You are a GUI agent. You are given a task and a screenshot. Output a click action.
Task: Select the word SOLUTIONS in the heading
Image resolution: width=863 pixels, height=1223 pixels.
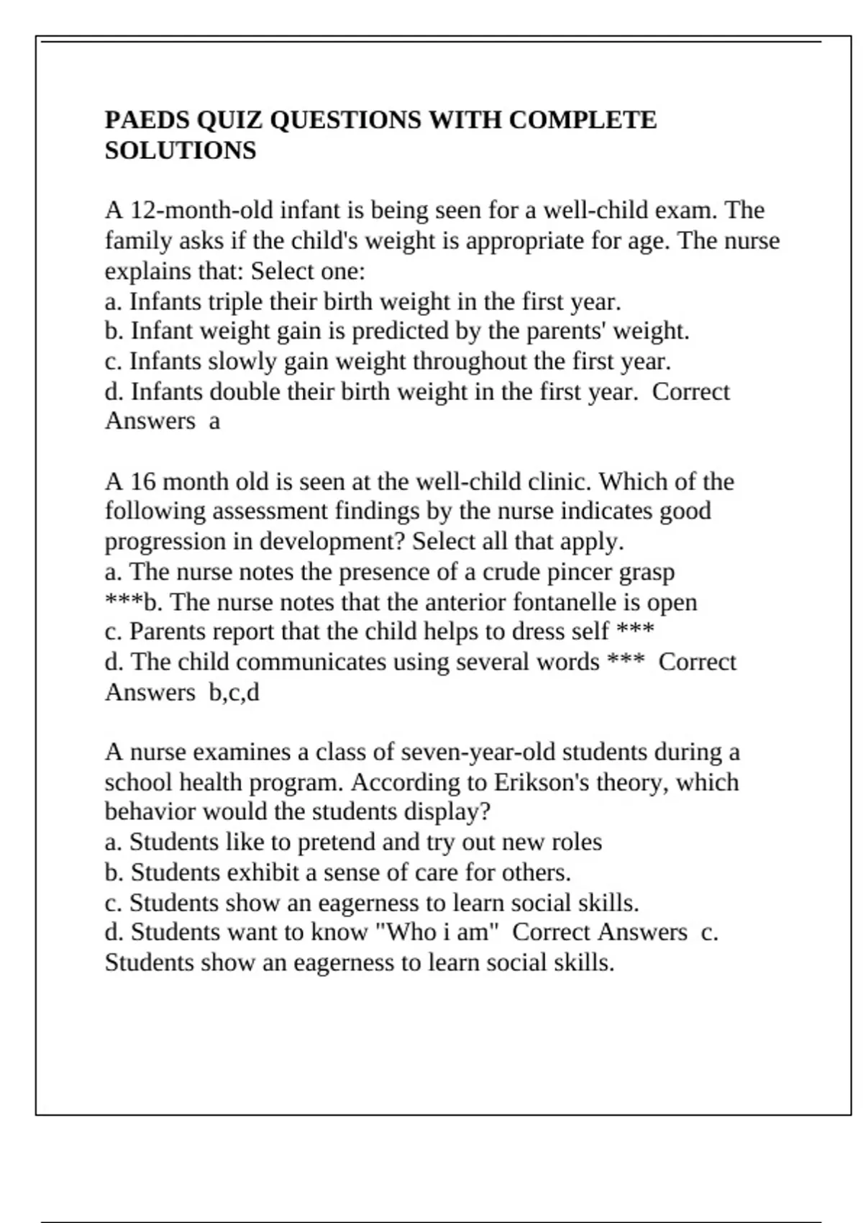click(x=181, y=150)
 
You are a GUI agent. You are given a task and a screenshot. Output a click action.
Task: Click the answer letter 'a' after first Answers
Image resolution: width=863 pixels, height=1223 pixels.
click(x=214, y=421)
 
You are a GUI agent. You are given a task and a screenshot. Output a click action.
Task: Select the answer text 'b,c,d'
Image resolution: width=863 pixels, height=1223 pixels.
click(x=234, y=693)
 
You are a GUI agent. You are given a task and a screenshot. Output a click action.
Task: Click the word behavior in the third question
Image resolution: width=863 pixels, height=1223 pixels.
click(x=150, y=811)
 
